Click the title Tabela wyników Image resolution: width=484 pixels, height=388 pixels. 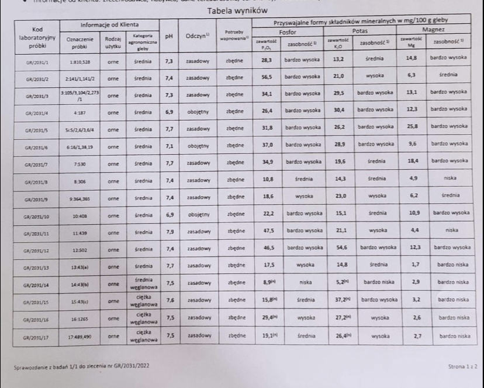click(x=238, y=11)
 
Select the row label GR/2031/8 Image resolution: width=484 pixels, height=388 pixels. click(x=37, y=182)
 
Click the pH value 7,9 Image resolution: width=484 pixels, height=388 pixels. click(x=168, y=231)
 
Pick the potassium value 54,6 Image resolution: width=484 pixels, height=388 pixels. click(x=340, y=248)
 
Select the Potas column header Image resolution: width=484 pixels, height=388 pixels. click(x=359, y=31)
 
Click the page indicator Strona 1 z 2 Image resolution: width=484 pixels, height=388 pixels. click(x=462, y=366)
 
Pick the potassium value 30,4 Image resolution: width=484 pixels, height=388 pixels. click(x=338, y=109)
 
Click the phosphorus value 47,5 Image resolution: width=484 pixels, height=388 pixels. click(x=268, y=230)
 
